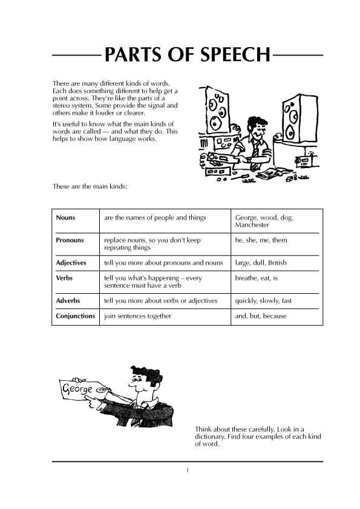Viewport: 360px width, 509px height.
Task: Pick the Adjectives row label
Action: coord(71,263)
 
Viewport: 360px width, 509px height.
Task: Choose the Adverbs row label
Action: coord(68,300)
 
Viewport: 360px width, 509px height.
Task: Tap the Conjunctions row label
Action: coord(75,316)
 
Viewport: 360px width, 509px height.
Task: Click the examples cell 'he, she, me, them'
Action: coord(261,240)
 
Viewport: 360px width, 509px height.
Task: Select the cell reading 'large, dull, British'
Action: coord(260,263)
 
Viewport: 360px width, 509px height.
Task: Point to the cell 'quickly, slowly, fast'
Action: coord(263,300)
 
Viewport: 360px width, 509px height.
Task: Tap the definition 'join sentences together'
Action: coord(137,316)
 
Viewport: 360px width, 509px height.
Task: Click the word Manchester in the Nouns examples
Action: coord(252,225)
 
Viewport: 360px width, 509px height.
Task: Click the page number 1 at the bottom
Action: coord(188,470)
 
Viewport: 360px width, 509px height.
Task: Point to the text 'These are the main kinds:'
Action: coord(90,187)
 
